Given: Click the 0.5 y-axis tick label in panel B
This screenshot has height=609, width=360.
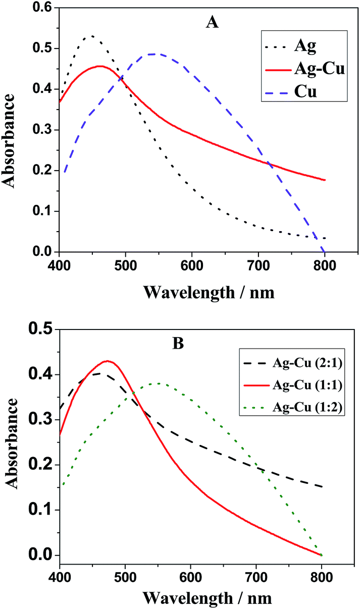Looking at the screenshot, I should point(41,329).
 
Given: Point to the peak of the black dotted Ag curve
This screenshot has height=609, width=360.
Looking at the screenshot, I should point(92,36).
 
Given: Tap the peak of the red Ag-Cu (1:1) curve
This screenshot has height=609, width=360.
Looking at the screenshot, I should point(107,361).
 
